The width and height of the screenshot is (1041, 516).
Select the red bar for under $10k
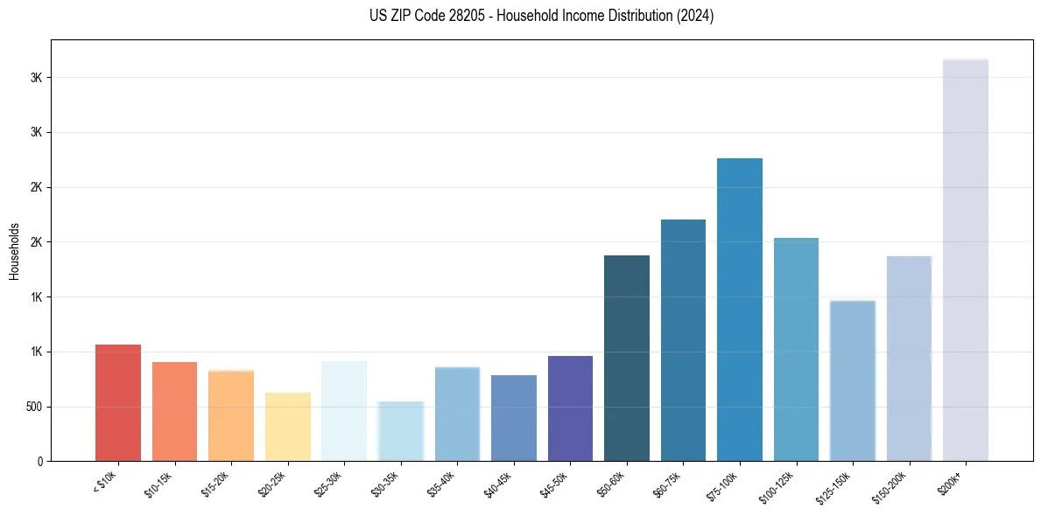tap(118, 402)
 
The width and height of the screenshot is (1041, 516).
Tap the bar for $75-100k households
tap(740, 310)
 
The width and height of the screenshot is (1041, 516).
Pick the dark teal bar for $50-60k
tap(627, 358)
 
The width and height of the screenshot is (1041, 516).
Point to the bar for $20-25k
tap(288, 427)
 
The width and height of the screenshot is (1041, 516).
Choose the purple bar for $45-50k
tap(570, 408)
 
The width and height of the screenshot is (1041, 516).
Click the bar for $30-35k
tap(401, 431)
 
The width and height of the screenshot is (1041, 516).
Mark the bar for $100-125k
tap(796, 349)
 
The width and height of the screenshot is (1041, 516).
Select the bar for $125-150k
tap(853, 380)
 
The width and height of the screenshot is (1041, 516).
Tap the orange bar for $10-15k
tap(174, 411)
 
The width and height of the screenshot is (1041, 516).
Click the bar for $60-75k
tap(683, 340)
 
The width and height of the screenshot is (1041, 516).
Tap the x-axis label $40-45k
tap(499, 484)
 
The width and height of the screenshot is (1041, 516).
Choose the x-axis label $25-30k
tap(329, 484)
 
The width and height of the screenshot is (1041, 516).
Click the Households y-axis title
tap(14, 250)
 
